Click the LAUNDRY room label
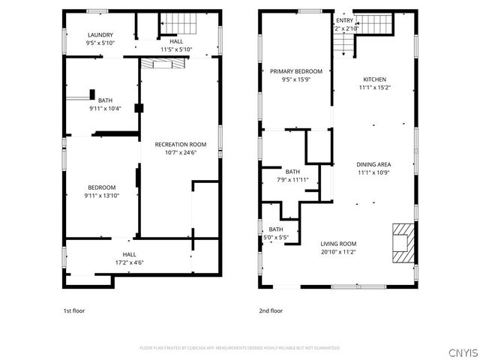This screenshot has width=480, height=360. [x=100, y=35]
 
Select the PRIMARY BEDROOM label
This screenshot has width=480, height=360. [x=291, y=70]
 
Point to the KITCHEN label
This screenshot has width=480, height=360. [x=374, y=79]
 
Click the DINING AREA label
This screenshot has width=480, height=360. [x=374, y=164]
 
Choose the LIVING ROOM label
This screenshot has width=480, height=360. [x=338, y=244]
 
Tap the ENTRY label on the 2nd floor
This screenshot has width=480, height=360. [x=344, y=20]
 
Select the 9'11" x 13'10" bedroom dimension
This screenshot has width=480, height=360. [x=101, y=195]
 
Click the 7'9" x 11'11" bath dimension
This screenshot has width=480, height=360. [x=292, y=179]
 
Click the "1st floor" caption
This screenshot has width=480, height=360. [x=73, y=310]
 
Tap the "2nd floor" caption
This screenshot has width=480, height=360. [x=271, y=310]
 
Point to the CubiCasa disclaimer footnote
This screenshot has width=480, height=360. [x=240, y=348]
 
